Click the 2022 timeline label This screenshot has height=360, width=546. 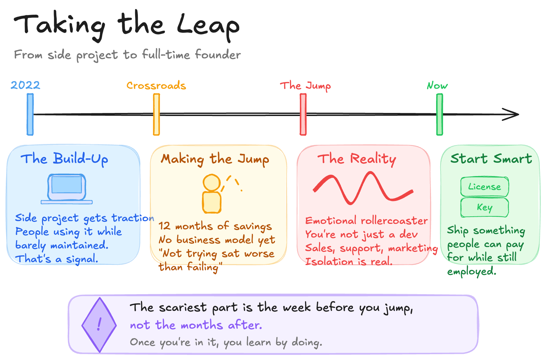tap(25, 85)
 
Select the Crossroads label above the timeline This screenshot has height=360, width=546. tap(156, 85)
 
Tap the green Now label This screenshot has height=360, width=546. tap(437, 85)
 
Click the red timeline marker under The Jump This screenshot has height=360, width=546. tap(303, 114)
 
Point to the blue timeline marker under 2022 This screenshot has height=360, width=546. tap(30, 114)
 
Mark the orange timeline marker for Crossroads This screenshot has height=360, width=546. tap(156, 114)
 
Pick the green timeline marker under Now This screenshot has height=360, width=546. tap(440, 114)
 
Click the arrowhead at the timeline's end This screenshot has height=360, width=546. tap(512, 114)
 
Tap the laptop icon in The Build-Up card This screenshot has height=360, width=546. tap(67, 189)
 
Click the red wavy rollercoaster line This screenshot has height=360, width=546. tap(362, 189)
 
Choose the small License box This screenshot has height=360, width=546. tap(484, 187)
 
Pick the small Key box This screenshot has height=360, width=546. tap(484, 207)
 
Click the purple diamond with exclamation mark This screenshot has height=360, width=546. tap(99, 325)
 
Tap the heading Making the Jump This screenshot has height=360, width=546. tap(215, 159)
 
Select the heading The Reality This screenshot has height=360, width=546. tap(357, 159)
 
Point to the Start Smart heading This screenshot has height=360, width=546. tap(491, 159)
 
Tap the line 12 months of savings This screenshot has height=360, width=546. tap(215, 226)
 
